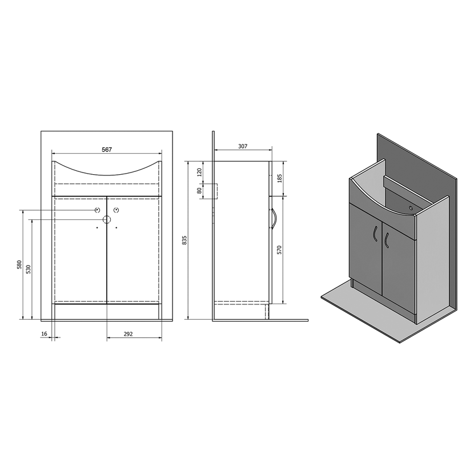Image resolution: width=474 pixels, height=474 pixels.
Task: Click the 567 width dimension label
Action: [107, 150]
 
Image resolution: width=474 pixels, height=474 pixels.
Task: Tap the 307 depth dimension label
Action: [243, 146]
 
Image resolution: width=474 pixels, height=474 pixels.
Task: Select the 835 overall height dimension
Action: [185, 240]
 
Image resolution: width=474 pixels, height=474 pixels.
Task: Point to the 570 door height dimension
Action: [279, 250]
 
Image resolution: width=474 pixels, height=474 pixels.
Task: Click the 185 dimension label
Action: [279, 178]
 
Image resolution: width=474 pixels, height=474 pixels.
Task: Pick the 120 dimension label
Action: [199, 172]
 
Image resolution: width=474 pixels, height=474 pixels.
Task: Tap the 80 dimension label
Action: [199, 191]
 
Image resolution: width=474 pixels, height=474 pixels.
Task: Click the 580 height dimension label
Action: [19, 264]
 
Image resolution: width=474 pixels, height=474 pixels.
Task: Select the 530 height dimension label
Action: [29, 269]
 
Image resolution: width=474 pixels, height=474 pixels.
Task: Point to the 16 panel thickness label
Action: [44, 334]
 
